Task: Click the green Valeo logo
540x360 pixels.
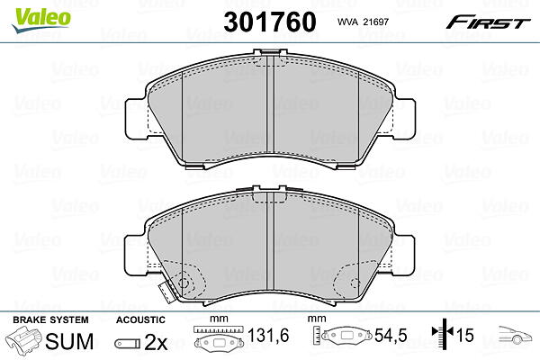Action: (41, 20)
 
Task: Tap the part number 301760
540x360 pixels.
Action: (270, 22)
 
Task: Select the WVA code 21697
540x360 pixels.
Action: (363, 22)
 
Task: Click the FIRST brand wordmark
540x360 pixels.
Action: (488, 23)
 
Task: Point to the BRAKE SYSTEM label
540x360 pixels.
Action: (50, 320)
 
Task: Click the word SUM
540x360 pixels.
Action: (69, 341)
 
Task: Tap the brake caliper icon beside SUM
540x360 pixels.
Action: (23, 340)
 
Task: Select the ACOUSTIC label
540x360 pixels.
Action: (140, 320)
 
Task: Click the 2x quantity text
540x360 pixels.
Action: (156, 342)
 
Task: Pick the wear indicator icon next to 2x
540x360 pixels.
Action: (128, 344)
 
